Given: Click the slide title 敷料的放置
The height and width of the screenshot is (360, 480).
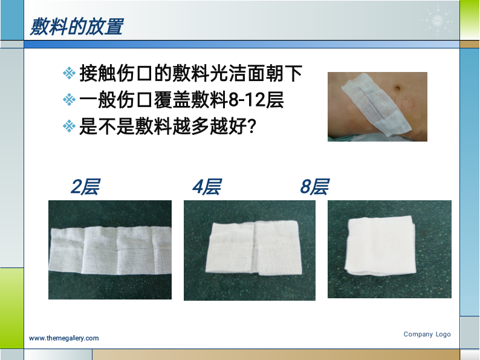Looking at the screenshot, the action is [x=77, y=27].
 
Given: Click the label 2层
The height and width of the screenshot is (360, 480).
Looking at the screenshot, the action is [x=85, y=186].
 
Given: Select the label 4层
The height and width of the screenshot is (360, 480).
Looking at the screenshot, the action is [x=207, y=186].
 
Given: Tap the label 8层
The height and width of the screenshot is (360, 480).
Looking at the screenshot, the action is [x=315, y=186].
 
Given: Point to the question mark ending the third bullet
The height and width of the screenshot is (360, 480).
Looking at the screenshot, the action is [x=251, y=126].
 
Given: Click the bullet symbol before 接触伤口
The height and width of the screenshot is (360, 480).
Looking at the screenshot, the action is [x=69, y=73].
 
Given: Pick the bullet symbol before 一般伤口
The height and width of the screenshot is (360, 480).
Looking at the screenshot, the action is [x=69, y=100].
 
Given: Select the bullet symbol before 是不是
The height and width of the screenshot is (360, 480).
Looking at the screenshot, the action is [x=69, y=126].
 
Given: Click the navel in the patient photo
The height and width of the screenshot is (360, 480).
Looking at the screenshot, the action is [x=397, y=88].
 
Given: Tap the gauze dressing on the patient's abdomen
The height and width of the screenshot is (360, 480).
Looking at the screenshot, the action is [x=375, y=103].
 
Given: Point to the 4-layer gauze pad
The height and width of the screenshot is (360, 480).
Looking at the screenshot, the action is [x=253, y=247].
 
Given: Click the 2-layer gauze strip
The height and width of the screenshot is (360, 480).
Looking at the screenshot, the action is [x=110, y=250].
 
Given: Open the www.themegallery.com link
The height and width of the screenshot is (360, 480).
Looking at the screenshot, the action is [x=63, y=338].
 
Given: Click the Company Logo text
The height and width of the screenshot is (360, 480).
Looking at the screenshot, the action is [x=427, y=334].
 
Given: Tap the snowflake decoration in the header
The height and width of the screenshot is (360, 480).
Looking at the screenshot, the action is [x=437, y=21].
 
